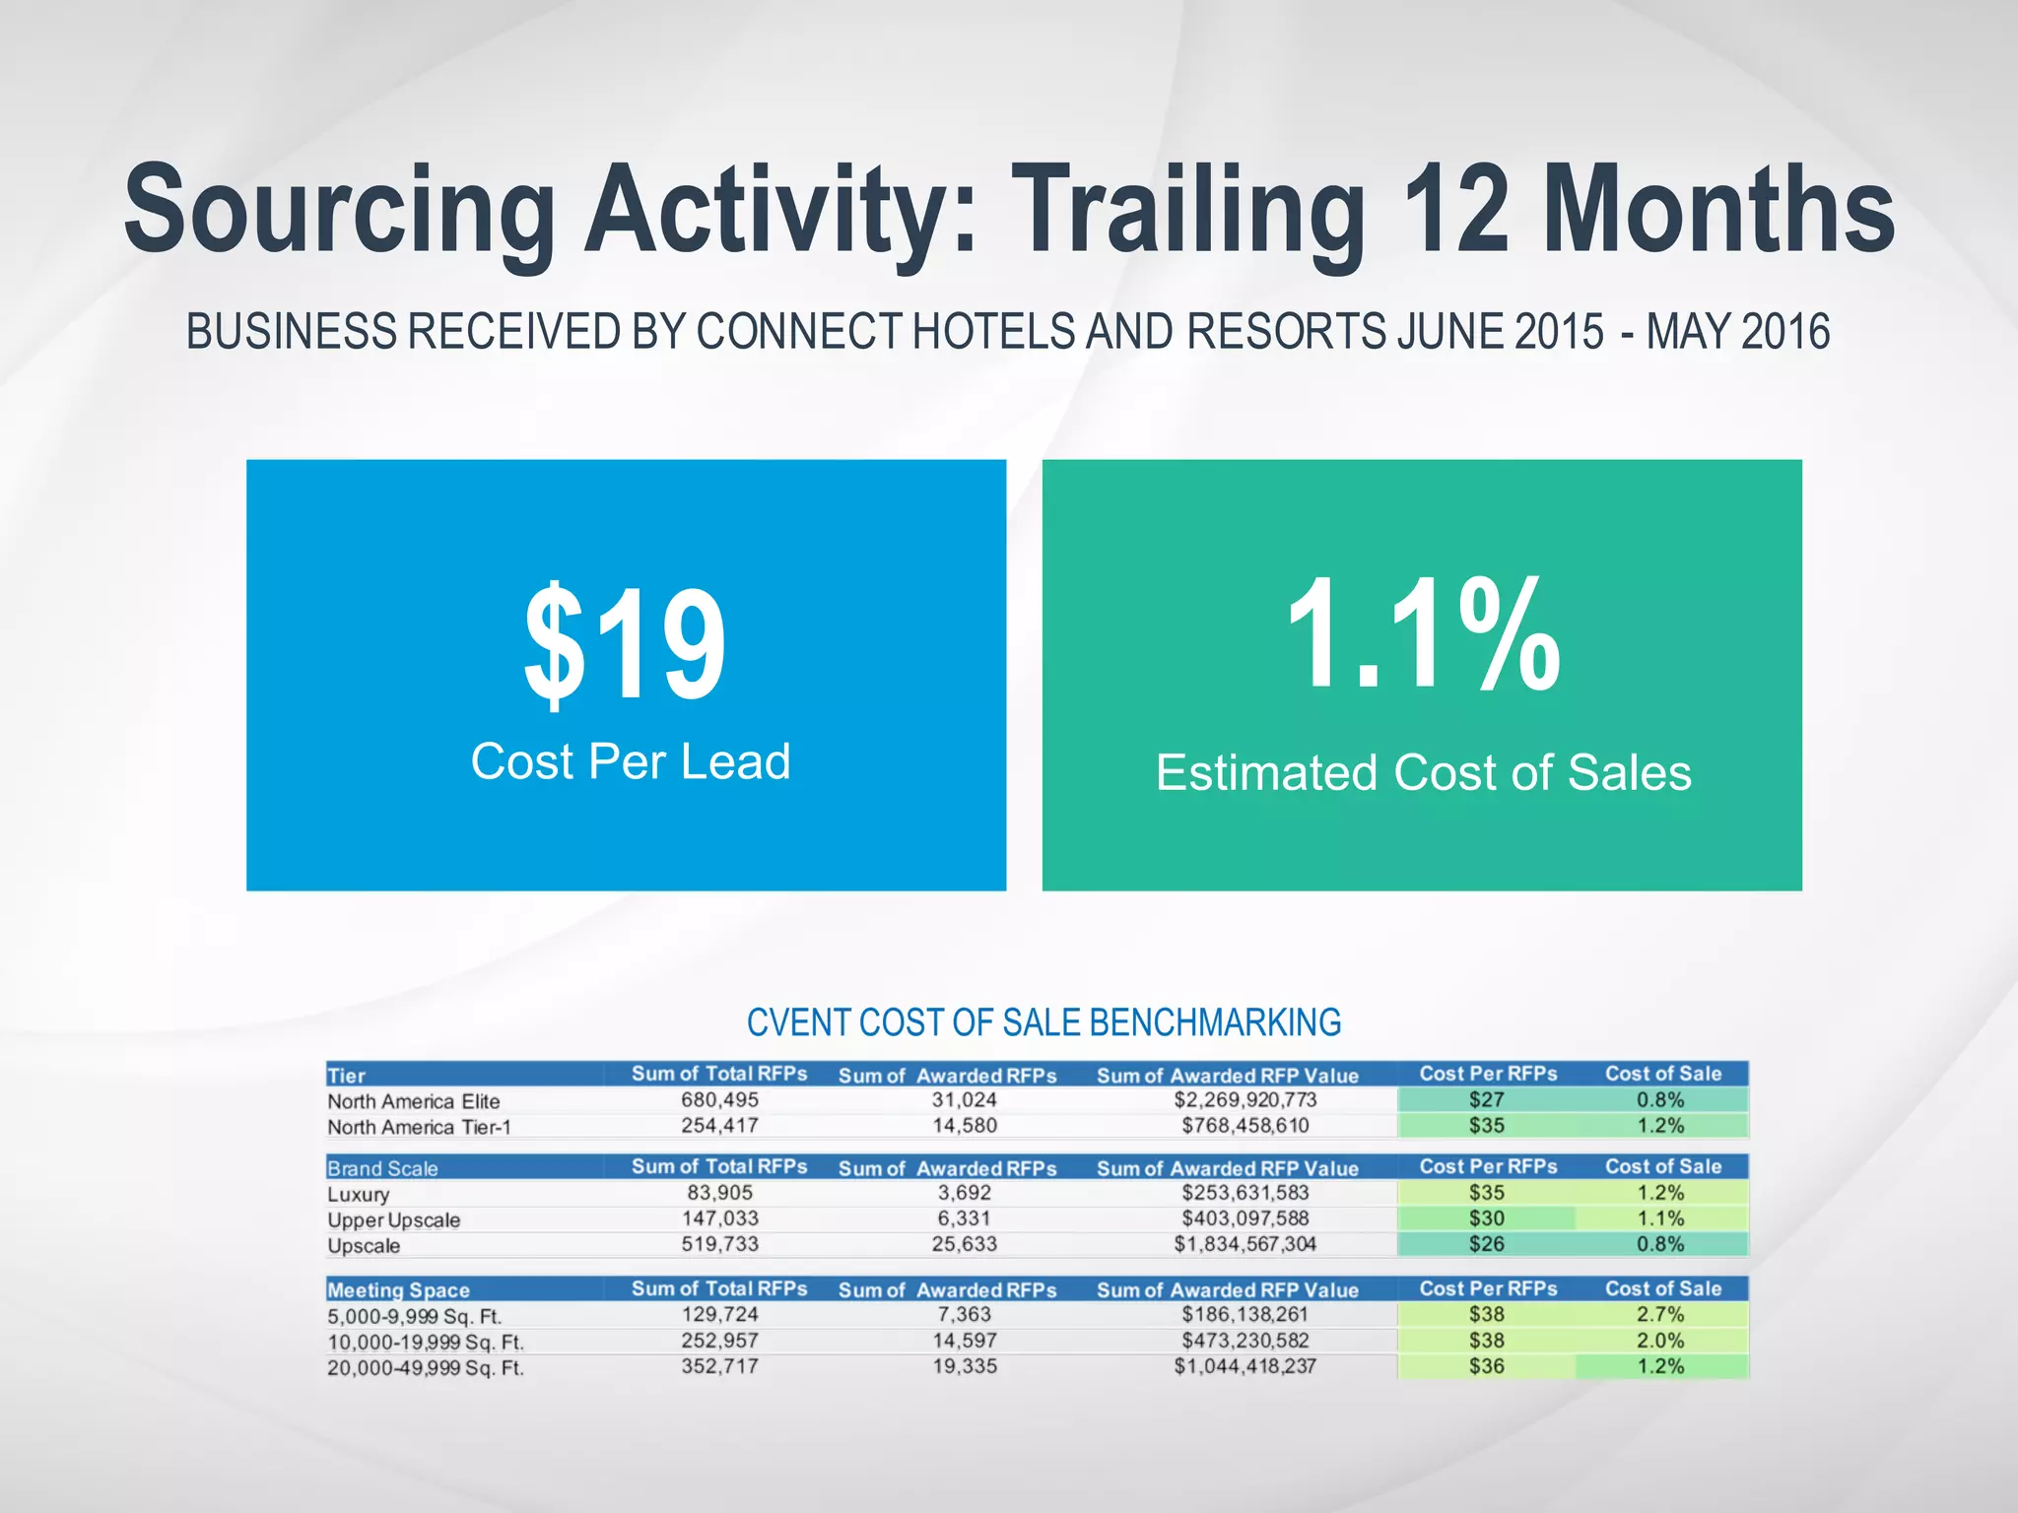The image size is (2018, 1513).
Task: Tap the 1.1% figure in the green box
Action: click(1423, 635)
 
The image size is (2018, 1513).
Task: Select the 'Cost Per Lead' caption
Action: click(631, 761)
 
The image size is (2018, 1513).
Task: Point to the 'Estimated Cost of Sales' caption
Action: click(1423, 772)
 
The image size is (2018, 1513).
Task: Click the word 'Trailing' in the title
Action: click(1188, 212)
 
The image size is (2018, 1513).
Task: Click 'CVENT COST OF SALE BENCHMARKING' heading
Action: click(1043, 1022)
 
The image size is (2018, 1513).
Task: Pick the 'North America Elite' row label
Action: click(414, 1101)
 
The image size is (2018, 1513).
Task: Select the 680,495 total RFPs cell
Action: click(720, 1099)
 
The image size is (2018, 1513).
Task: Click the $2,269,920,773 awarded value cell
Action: click(1245, 1099)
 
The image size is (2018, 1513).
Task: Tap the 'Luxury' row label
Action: click(359, 1195)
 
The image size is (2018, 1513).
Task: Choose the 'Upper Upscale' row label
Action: click(394, 1220)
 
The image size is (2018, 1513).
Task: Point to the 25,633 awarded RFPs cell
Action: click(965, 1244)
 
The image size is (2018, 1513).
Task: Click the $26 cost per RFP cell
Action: click(1487, 1244)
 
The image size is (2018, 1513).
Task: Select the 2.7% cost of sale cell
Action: click(1661, 1314)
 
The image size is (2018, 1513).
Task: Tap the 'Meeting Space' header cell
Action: click(398, 1289)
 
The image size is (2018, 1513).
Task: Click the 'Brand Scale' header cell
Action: click(382, 1168)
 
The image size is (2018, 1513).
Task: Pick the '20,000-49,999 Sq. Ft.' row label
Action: click(426, 1368)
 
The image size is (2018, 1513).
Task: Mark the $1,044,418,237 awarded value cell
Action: click(1245, 1366)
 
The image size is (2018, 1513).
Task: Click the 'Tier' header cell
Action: click(346, 1076)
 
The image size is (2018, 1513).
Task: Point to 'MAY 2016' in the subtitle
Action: click(1738, 332)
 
